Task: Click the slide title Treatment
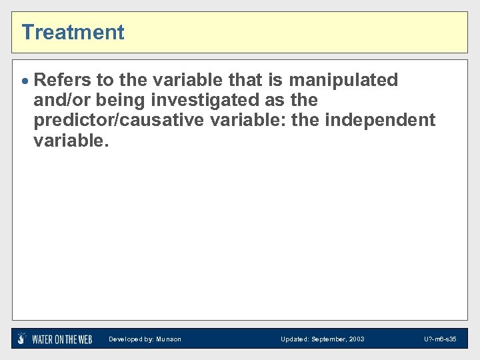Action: point(73,32)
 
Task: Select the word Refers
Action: point(62,80)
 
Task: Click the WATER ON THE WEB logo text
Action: point(62,339)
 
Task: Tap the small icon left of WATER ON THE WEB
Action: point(22,339)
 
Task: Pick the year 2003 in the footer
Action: point(357,339)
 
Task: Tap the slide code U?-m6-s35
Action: point(440,339)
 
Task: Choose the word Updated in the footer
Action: point(294,339)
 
